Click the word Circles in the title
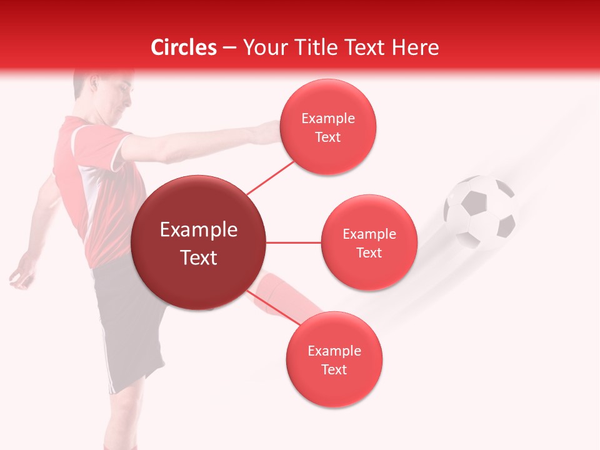[184, 47]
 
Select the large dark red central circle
[198, 242]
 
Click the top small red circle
[328, 127]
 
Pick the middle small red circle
[369, 242]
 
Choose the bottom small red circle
[334, 359]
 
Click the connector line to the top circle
[270, 177]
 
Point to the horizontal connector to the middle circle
[294, 242]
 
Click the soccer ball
[480, 211]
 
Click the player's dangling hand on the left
[22, 275]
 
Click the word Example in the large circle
[198, 229]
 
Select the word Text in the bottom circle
[334, 369]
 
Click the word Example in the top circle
[328, 118]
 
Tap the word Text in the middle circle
[369, 252]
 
